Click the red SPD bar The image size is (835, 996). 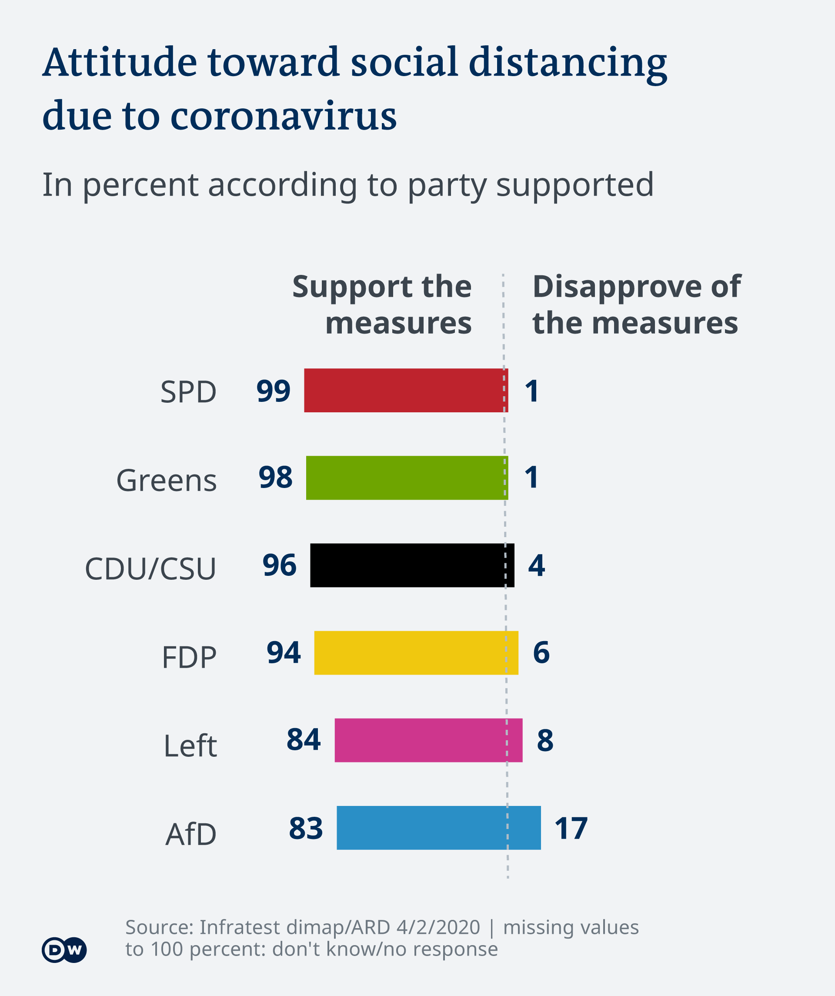pos(406,390)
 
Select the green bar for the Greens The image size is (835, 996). pos(407,478)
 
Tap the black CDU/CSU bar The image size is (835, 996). pos(411,565)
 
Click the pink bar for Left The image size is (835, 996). pos(428,740)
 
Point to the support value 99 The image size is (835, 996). pos(273,391)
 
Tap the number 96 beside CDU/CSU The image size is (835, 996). pos(279,565)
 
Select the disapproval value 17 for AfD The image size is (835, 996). pos(571,828)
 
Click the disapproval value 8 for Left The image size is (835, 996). pos(545,740)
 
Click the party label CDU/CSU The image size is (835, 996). pos(150,568)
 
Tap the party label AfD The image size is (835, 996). pos(190,834)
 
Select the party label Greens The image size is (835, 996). pos(166,481)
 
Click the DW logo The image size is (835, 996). pos(64,949)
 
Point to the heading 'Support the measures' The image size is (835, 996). pos(382,304)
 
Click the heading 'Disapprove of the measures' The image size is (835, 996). pos(636,304)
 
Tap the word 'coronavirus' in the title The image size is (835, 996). pos(283,115)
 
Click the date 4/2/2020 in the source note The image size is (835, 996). pos(438,927)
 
